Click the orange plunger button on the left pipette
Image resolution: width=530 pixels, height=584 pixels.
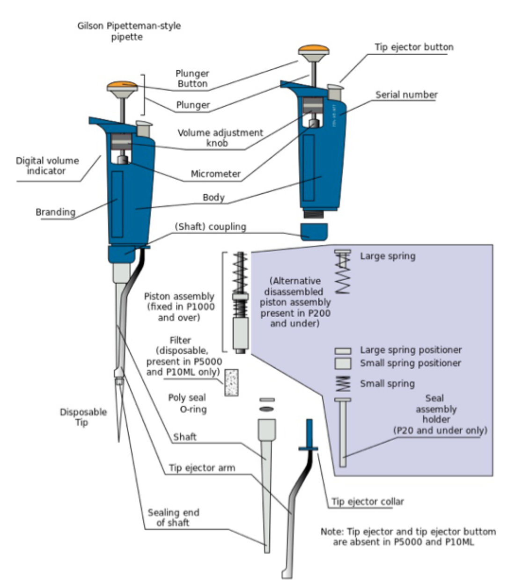point(122,86)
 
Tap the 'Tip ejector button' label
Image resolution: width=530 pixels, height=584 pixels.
point(414,47)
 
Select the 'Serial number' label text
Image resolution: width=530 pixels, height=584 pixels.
point(406,95)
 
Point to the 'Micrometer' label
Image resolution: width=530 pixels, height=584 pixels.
point(215,174)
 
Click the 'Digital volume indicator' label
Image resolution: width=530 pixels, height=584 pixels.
point(47,166)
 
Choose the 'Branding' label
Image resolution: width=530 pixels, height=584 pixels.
point(55,212)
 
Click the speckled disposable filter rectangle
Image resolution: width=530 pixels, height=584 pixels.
point(231,382)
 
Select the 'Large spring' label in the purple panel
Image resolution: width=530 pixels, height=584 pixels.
point(387,256)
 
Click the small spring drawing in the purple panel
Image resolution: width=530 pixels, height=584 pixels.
point(343,384)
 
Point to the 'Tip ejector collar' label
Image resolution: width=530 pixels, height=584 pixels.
point(368,502)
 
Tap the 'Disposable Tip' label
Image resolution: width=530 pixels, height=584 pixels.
point(83,417)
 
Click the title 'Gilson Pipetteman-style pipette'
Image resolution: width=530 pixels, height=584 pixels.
point(129,31)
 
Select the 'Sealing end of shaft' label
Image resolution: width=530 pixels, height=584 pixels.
point(173,518)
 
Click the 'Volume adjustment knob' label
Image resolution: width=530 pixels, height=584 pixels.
point(220,138)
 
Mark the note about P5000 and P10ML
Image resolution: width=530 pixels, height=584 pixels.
point(407,537)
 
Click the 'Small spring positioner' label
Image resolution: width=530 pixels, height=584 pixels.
point(410,363)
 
